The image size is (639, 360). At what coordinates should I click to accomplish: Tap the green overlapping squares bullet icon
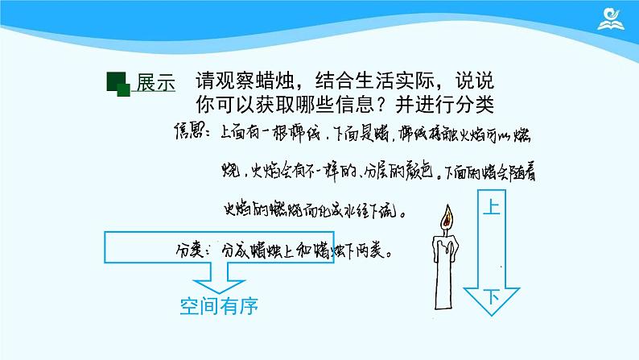(117, 84)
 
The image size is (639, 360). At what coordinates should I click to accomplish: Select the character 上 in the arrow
(492, 208)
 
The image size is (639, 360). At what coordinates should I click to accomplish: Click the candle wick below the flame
(447, 229)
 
